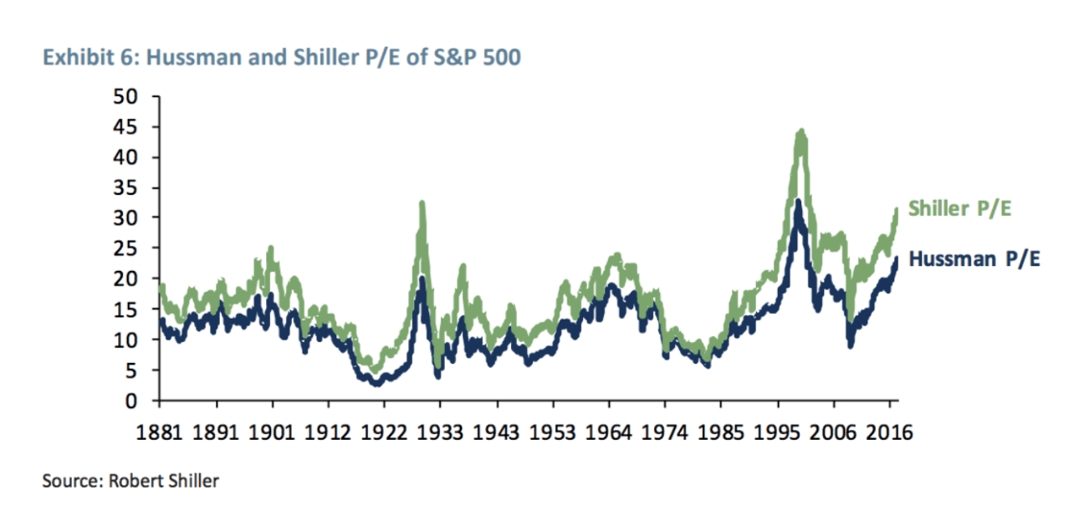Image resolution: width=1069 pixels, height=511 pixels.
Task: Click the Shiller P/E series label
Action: click(959, 208)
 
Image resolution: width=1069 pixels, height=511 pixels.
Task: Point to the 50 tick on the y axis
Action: click(125, 96)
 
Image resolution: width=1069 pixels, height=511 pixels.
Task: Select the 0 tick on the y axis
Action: click(131, 401)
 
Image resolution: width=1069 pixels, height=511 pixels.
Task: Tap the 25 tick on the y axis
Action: click(125, 248)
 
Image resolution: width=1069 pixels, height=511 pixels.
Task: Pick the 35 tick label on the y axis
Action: click(125, 187)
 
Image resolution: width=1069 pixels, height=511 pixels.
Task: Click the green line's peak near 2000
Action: click(801, 130)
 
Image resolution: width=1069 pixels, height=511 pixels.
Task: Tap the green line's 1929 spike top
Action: click(422, 202)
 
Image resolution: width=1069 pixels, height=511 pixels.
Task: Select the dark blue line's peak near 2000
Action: click(799, 201)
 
